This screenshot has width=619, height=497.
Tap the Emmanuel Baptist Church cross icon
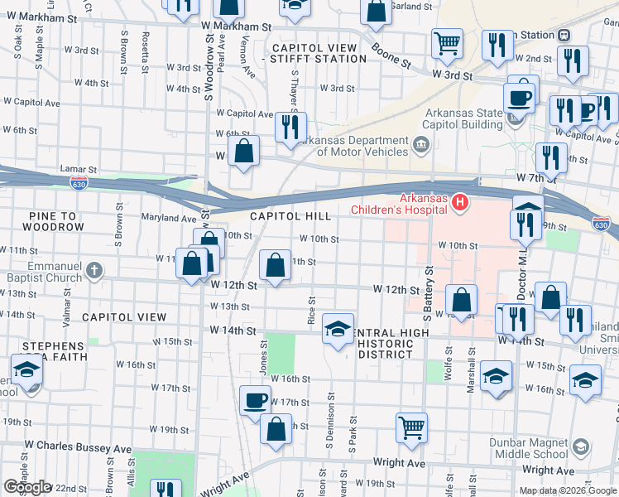pyautogui.click(x=95, y=270)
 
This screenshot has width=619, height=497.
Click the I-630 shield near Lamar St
pyautogui.click(x=79, y=182)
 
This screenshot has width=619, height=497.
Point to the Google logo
pyautogui.click(x=26, y=487)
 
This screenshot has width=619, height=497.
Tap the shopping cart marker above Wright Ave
pyautogui.click(x=411, y=427)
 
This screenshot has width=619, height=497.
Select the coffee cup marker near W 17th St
pyautogui.click(x=255, y=401)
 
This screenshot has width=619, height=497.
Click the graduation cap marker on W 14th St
pyautogui.click(x=338, y=329)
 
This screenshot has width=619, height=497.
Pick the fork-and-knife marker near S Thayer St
pyautogui.click(x=290, y=127)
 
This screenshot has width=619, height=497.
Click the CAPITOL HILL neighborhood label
pyautogui.click(x=290, y=216)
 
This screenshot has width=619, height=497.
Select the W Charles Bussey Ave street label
pyautogui.click(x=78, y=448)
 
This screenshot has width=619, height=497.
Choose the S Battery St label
pyautogui.click(x=428, y=294)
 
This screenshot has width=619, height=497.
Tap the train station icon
pyautogui.click(x=564, y=35)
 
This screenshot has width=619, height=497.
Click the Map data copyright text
pyautogui.click(x=567, y=490)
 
